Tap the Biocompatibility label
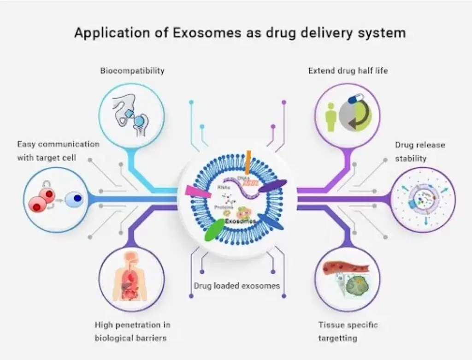(x=132, y=71)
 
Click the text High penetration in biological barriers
(x=132, y=331)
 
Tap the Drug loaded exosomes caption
(x=236, y=285)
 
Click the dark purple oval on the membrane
(x=272, y=185)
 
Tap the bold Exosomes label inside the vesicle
(x=241, y=222)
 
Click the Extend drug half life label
(x=348, y=71)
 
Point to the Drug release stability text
(x=420, y=151)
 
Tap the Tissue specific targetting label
(x=348, y=331)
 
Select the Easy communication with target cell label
(x=58, y=151)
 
